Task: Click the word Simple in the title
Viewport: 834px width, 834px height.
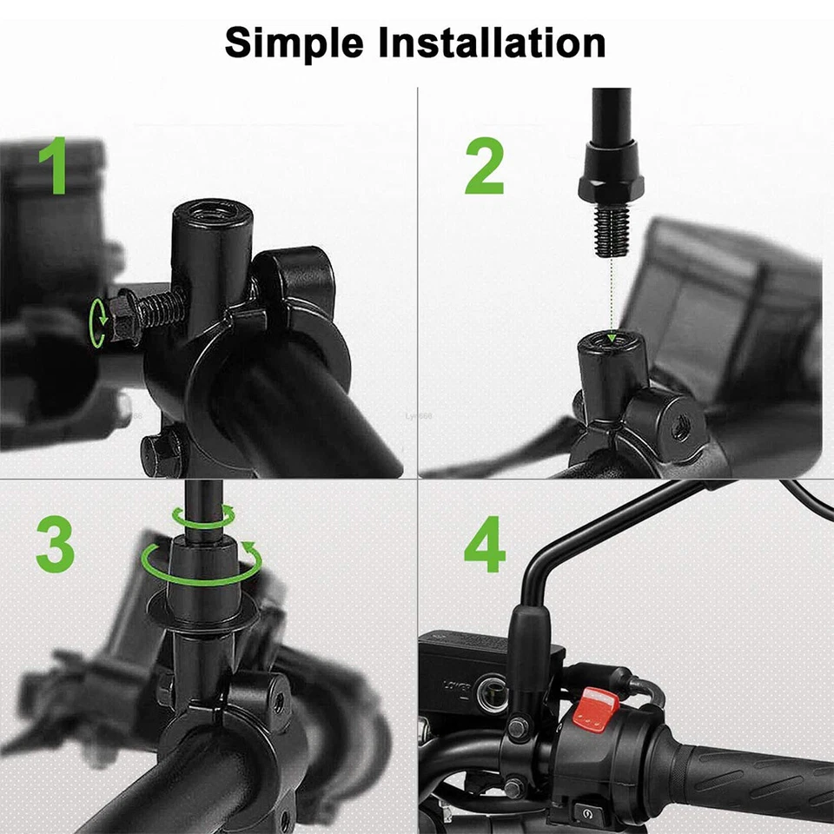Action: (294, 42)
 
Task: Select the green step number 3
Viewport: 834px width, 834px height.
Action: (56, 545)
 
